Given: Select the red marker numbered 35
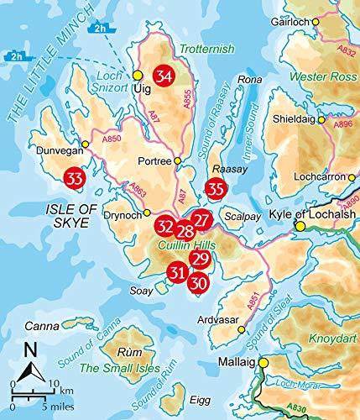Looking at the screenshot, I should point(217,189).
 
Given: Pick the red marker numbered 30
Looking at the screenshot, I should point(197,284).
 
